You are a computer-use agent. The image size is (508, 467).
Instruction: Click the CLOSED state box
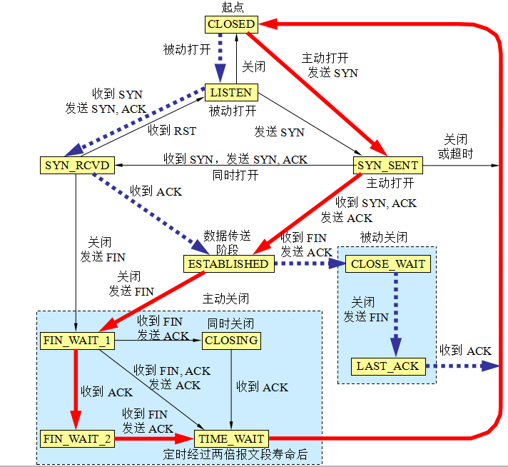pyautogui.click(x=230, y=24)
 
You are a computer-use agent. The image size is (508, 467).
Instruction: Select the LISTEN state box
pyautogui.click(x=230, y=92)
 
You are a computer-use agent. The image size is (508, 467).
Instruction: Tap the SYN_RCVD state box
pyautogui.click(x=75, y=166)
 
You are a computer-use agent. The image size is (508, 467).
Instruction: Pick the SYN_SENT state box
pyautogui.click(x=388, y=166)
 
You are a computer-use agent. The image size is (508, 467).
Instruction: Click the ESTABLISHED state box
pyautogui.click(x=228, y=263)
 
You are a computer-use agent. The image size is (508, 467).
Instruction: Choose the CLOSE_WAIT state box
pyautogui.click(x=388, y=263)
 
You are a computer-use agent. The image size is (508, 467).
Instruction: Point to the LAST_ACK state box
pyautogui.click(x=388, y=366)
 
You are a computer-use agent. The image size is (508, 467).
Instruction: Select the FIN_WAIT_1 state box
pyautogui.click(x=76, y=341)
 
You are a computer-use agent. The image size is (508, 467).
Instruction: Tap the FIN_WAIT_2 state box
pyautogui.click(x=76, y=438)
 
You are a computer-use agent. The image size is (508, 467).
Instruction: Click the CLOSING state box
pyautogui.click(x=230, y=341)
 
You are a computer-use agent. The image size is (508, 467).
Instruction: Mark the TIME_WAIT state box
pyautogui.click(x=230, y=438)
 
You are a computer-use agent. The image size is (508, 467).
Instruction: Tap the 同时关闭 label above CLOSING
pyautogui.click(x=230, y=323)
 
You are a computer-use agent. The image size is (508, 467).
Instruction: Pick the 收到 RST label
pyautogui.click(x=171, y=131)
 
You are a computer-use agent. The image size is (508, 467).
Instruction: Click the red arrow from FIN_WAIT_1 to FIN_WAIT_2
pyautogui.click(x=75, y=389)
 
